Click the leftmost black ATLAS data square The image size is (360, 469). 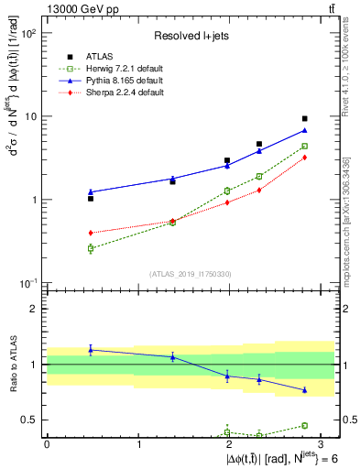point(91,198)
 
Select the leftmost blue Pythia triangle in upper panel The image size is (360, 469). point(91,191)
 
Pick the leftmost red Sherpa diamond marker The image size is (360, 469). point(91,233)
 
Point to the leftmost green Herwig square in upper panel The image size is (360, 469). point(91,248)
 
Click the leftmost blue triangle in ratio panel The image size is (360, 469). point(91,349)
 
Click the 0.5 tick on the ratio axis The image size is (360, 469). point(31,420)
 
